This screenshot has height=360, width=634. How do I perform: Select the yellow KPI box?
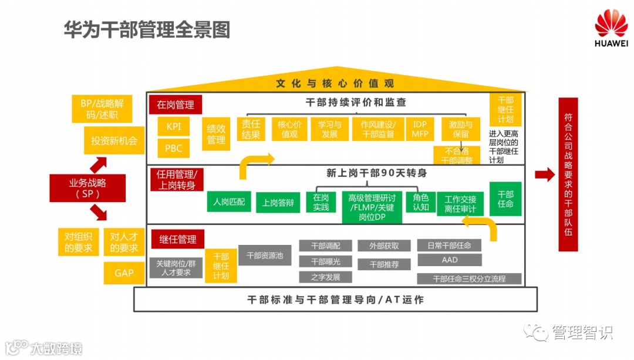(x=173, y=126)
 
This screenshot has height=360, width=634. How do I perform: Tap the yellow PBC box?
(x=173, y=148)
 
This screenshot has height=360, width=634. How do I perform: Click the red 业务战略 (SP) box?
(x=87, y=188)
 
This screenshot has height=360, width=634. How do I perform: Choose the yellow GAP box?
(x=124, y=273)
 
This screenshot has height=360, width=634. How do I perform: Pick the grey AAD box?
(x=449, y=260)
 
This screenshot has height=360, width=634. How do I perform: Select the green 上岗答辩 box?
(x=278, y=203)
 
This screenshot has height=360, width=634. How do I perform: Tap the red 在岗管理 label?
(x=175, y=105)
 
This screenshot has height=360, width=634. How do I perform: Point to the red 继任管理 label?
(x=178, y=240)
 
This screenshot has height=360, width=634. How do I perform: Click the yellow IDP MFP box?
(x=420, y=129)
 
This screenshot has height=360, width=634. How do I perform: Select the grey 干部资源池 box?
(x=265, y=255)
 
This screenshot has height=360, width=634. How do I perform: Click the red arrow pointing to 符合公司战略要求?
(x=545, y=174)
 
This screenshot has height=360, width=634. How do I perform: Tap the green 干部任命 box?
(x=505, y=198)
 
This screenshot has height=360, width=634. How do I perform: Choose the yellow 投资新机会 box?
(x=114, y=140)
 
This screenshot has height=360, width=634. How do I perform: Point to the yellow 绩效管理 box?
(x=216, y=134)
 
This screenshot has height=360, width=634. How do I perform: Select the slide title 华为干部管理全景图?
(x=147, y=29)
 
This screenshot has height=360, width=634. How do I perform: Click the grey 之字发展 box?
(x=325, y=277)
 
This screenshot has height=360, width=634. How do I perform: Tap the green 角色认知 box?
(x=421, y=202)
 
